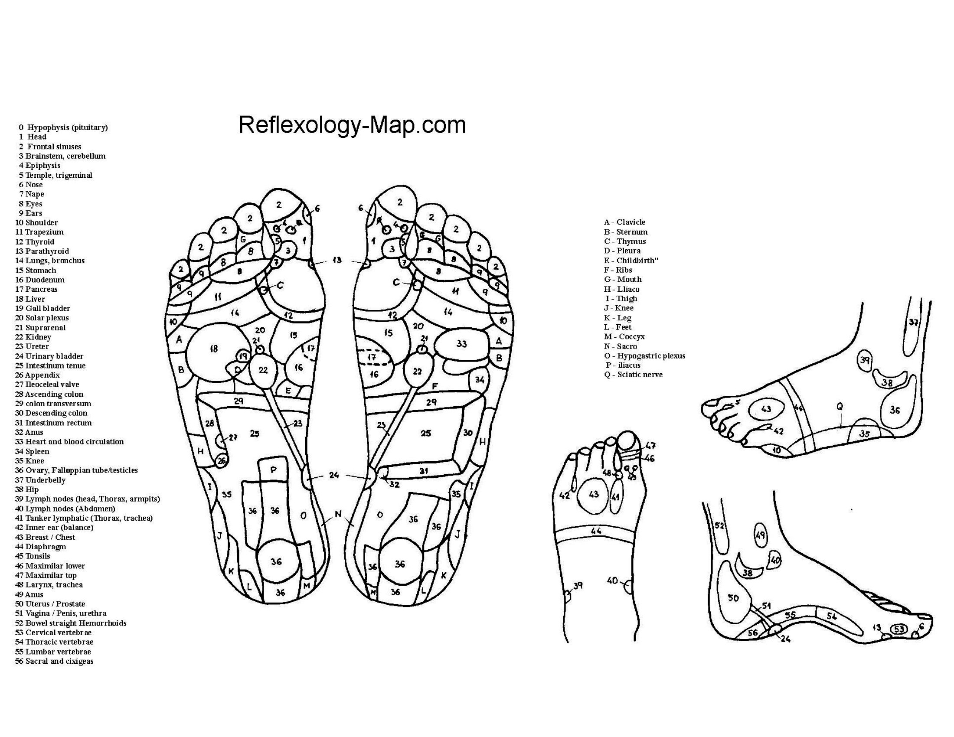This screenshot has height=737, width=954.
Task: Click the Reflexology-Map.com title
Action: pos(352,125)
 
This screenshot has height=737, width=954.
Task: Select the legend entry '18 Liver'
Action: pos(31,299)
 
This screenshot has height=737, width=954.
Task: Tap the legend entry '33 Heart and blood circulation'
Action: pos(69,442)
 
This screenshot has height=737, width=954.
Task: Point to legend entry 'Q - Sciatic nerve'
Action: pos(634,375)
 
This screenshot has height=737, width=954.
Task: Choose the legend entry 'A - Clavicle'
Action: pos(624,222)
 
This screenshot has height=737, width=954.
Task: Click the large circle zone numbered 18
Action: pos(214,349)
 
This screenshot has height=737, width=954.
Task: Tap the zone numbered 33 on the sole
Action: pos(461,344)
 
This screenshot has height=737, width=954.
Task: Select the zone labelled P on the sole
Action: pos(274,470)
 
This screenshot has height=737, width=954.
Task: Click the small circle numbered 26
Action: pos(222,460)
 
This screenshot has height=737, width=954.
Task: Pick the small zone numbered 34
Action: pos(480,379)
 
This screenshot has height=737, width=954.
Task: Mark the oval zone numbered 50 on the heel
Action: pos(733,598)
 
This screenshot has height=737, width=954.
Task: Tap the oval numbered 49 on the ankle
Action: pos(761,535)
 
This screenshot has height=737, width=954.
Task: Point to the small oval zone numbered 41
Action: pos(615,496)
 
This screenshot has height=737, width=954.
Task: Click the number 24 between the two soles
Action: pos(334,475)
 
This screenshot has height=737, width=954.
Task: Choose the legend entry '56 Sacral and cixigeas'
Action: pos(55,661)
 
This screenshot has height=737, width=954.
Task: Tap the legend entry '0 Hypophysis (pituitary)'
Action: pos(63,127)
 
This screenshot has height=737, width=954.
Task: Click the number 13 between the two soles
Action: pos(337,260)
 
